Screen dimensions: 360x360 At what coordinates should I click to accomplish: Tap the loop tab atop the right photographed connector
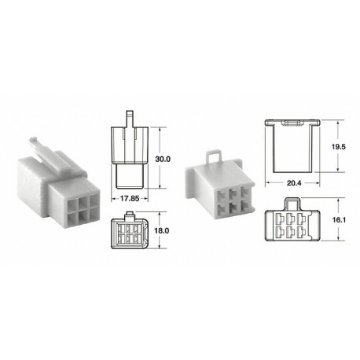(x=212, y=155)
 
